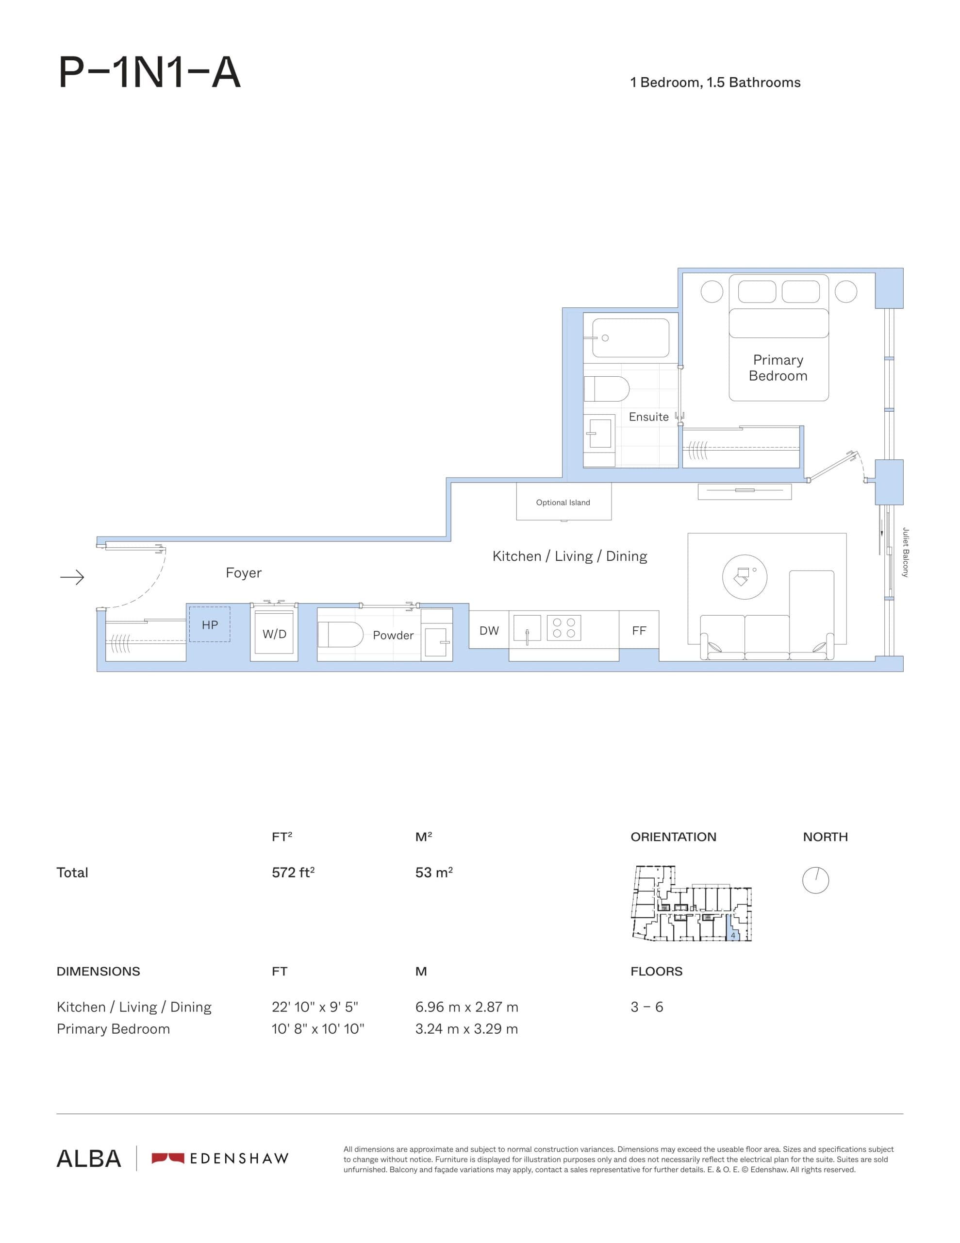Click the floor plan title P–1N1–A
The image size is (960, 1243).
pos(149,73)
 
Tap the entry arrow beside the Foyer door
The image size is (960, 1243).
pos(72,578)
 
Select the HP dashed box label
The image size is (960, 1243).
pos(209,625)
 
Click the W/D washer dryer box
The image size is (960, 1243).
pos(274,634)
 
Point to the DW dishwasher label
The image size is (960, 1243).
pos(489,631)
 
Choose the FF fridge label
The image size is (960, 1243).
pos(639,631)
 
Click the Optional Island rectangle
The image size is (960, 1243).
pos(563,502)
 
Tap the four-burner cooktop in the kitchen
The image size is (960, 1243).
pos(564,628)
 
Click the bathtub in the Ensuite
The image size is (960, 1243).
pos(630,338)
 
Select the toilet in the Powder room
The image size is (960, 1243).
pos(340,635)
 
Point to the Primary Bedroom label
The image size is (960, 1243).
pos(778,368)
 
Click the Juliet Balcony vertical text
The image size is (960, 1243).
pos(905,553)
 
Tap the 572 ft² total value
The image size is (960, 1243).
pos(293,873)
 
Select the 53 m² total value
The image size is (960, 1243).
pos(433,873)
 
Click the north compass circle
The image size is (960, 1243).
pos(815,880)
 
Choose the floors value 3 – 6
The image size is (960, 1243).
pos(646,1007)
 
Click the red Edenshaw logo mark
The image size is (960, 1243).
pos(168,1158)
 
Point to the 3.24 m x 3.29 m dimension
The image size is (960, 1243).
pos(466,1029)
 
